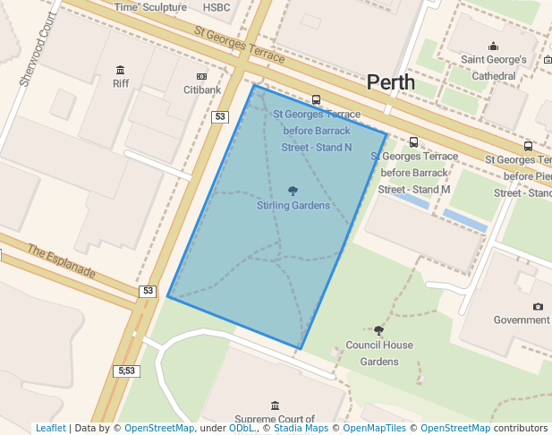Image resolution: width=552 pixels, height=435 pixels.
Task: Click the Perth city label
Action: (391, 82)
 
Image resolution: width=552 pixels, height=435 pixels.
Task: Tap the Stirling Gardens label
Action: (293, 205)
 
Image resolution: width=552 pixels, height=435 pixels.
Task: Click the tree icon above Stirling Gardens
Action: (293, 191)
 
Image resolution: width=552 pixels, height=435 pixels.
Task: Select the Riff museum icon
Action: (121, 70)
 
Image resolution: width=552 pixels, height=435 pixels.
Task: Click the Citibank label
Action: (201, 90)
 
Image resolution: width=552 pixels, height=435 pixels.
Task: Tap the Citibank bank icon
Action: (201, 77)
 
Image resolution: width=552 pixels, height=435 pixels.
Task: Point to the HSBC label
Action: (217, 7)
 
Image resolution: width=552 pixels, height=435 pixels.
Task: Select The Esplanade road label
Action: (61, 261)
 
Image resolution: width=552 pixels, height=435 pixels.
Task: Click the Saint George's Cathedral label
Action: (494, 68)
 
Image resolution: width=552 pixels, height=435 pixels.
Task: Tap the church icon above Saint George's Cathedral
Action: (493, 47)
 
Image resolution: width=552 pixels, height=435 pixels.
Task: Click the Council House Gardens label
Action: (379, 353)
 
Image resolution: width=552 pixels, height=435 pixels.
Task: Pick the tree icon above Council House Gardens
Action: (378, 331)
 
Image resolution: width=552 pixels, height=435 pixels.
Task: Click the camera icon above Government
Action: (538, 306)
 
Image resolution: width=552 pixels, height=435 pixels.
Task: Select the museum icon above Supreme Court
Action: (274, 405)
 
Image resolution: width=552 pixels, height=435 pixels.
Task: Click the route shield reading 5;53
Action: (126, 371)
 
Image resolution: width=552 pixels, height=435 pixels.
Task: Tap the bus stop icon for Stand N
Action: (316, 100)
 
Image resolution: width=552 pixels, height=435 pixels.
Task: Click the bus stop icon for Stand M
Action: (413, 141)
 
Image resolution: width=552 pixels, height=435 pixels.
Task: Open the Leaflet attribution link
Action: (51, 428)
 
